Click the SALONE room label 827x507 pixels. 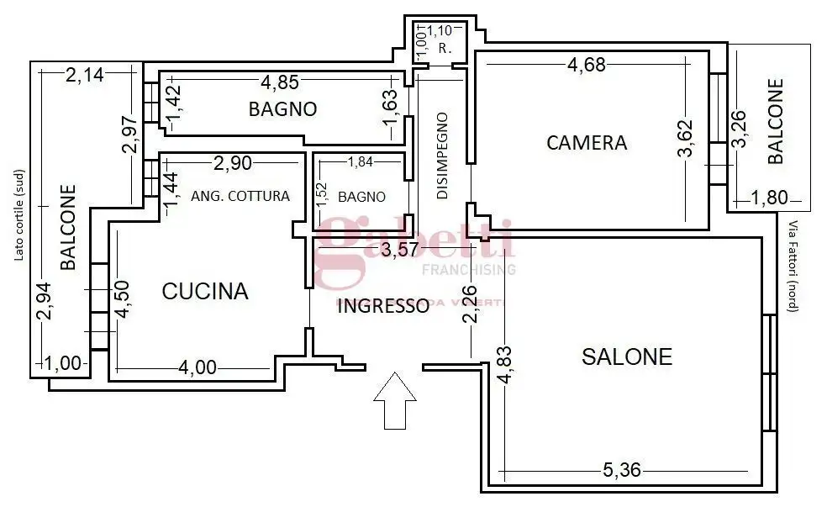(627, 356)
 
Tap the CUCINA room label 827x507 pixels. (205, 292)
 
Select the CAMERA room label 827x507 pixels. (587, 142)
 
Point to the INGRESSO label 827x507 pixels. (382, 306)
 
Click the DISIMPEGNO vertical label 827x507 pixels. (442, 156)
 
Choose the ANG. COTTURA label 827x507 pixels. (240, 196)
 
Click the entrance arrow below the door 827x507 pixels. (394, 401)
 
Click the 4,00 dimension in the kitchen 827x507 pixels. (198, 367)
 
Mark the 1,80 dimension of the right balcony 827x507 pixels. (768, 199)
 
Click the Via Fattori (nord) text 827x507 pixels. (792, 266)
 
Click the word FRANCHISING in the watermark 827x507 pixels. (468, 270)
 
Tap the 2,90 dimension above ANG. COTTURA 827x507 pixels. (232, 161)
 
